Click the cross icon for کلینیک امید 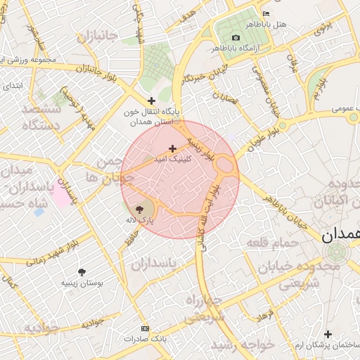173,148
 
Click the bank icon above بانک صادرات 146,328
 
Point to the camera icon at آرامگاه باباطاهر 235,37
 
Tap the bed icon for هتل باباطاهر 265,13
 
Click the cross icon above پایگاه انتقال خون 151,101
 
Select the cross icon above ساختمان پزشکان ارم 327,334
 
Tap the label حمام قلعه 272,243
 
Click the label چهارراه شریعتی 205,309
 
